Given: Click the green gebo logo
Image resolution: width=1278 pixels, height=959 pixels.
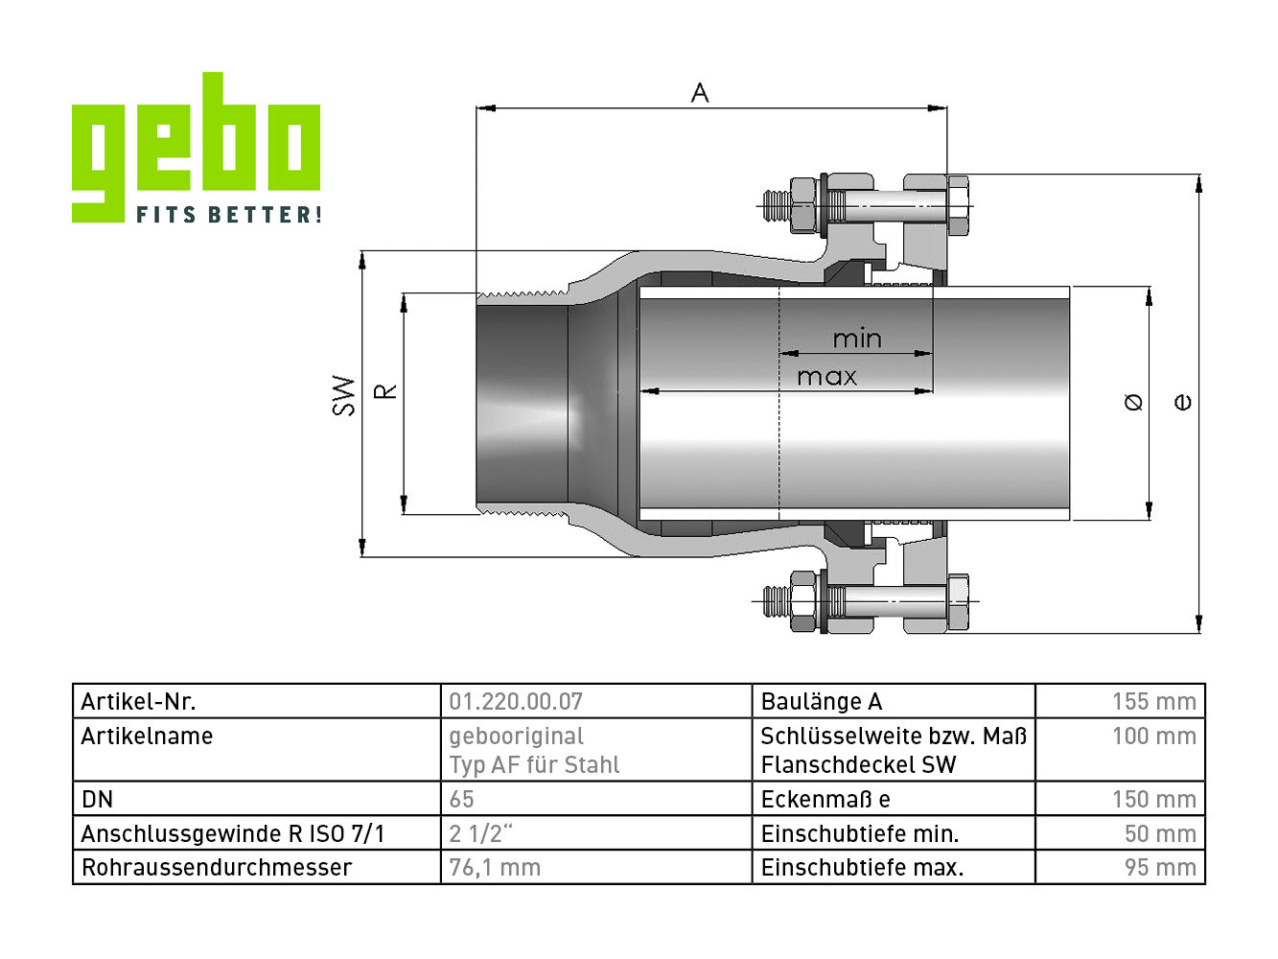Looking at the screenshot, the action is click(x=196, y=147).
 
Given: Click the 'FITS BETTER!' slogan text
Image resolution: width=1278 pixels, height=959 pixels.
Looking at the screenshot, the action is click(x=228, y=214).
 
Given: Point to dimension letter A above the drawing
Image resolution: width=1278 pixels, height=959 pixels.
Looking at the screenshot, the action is click(x=700, y=93).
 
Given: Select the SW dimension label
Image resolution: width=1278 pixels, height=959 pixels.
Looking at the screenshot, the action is click(x=344, y=396).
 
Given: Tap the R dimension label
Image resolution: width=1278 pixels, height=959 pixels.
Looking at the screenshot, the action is click(x=385, y=390).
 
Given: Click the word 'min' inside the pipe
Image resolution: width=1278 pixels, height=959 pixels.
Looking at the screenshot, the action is click(x=857, y=339).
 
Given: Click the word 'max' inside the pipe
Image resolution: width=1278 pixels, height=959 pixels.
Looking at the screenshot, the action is click(x=826, y=377).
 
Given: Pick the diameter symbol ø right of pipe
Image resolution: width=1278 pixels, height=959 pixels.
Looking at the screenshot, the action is click(x=1133, y=403).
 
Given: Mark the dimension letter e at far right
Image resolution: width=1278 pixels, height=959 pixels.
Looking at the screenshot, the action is click(x=1182, y=403).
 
